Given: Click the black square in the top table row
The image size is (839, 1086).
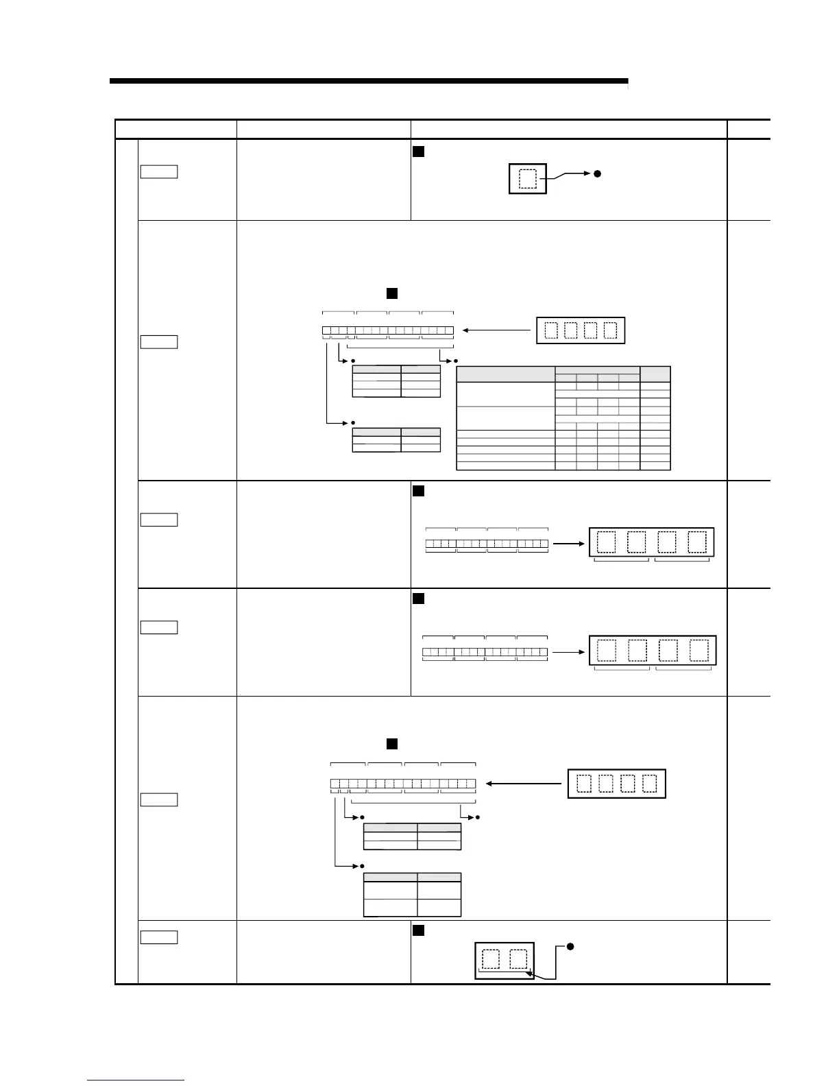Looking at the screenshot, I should (418, 152).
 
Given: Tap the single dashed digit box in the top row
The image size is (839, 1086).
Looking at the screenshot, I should (528, 179).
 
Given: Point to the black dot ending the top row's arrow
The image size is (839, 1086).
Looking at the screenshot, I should (597, 174).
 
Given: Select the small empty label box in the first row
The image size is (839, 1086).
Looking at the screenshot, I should (158, 171).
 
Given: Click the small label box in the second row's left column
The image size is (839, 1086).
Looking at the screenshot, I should (158, 341).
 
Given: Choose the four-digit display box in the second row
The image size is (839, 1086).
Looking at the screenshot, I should (581, 330).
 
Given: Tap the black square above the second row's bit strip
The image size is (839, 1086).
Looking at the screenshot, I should (392, 293).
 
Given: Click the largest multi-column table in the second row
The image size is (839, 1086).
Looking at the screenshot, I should (563, 418).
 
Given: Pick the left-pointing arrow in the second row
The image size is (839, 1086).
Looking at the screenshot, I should (497, 330).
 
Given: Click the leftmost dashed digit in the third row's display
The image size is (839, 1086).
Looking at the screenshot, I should (607, 542).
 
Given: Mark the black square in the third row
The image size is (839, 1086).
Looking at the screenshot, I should (418, 491).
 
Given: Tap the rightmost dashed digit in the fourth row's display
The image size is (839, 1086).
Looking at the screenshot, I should (699, 650).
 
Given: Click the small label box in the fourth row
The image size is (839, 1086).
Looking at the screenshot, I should (158, 627).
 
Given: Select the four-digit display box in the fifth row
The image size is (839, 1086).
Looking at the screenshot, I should (617, 784).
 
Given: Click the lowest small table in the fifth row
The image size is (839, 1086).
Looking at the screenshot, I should (412, 894).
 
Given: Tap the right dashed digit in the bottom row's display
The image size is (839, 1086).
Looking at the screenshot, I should (519, 959).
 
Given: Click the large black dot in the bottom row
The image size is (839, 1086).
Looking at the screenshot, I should (570, 947).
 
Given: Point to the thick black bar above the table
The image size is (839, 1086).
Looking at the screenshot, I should (368, 81).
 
